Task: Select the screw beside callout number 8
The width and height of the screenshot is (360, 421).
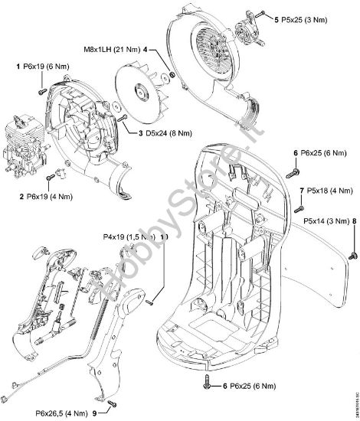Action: [353, 253]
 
